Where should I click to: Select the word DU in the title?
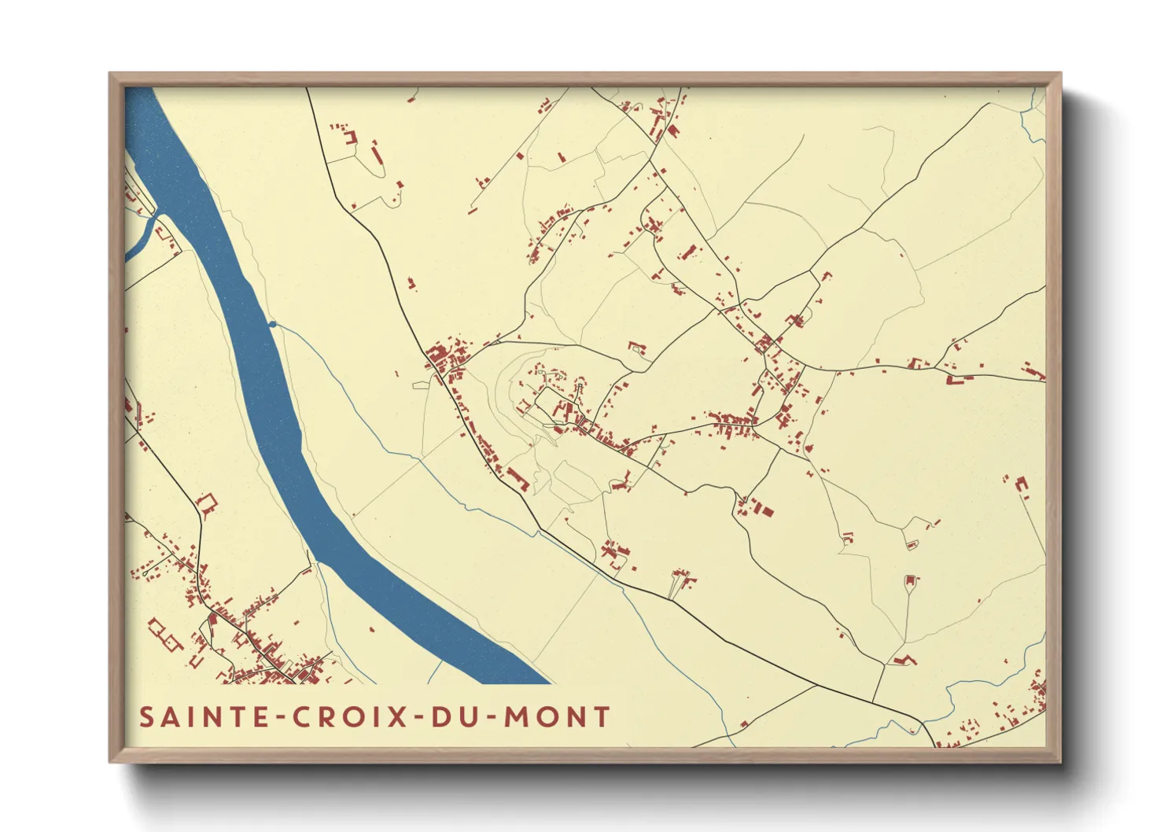pos(458,717)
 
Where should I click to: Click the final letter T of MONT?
pos(602,717)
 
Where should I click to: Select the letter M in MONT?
pos(515,717)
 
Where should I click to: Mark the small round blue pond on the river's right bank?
pos(272,323)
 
